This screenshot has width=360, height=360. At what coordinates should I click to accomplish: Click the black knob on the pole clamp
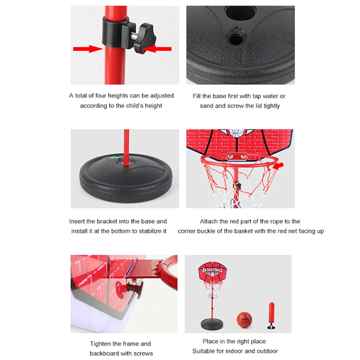coord(145,38)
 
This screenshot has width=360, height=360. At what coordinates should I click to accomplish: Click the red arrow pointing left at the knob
coord(156,49)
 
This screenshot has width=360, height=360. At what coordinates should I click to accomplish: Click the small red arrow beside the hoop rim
coord(278,165)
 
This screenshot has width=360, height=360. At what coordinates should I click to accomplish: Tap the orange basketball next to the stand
coord(244,320)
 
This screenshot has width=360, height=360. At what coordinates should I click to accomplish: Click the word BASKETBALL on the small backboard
coord(213,270)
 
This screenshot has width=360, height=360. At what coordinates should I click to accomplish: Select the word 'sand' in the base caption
coord(206,106)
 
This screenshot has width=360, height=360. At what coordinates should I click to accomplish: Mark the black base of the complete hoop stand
coord(212,324)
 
